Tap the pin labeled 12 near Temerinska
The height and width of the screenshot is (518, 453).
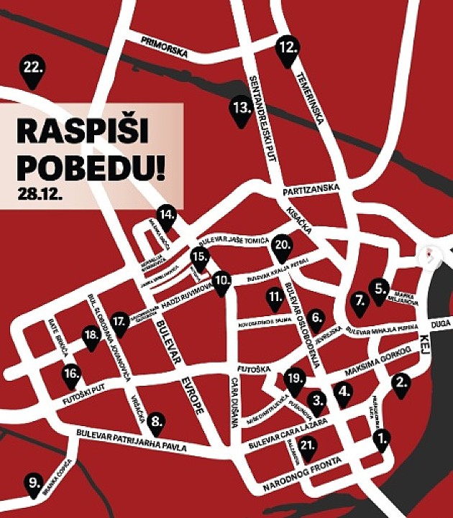tap(288, 50)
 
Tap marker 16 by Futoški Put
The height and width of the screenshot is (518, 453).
tap(71, 375)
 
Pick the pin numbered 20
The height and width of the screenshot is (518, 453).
tap(282, 247)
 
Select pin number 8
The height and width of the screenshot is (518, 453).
tap(156, 424)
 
